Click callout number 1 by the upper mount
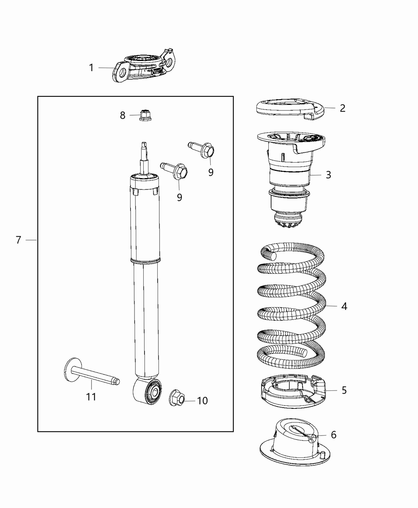(91, 68)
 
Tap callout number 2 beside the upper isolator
(342, 108)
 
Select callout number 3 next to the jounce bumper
(328, 175)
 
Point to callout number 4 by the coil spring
(344, 306)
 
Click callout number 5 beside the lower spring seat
(344, 390)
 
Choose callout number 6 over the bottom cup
(333, 435)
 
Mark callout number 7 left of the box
(18, 240)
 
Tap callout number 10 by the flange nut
(202, 400)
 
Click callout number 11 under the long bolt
(91, 397)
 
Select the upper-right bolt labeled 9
(207, 150)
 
